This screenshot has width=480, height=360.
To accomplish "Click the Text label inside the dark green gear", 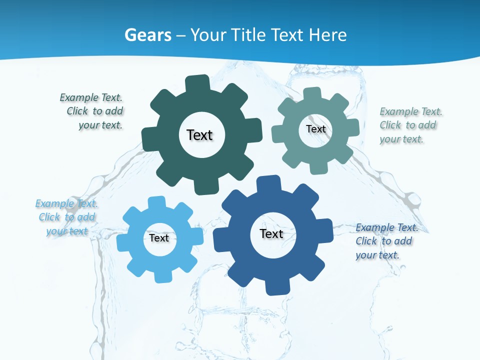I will [x=199, y=135].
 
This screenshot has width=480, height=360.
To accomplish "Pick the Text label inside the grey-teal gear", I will [x=315, y=129].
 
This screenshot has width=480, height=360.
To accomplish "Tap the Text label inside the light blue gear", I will [x=159, y=238].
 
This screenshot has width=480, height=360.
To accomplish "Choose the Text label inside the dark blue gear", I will [x=271, y=233].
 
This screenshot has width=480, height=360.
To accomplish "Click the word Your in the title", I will [x=209, y=35].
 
